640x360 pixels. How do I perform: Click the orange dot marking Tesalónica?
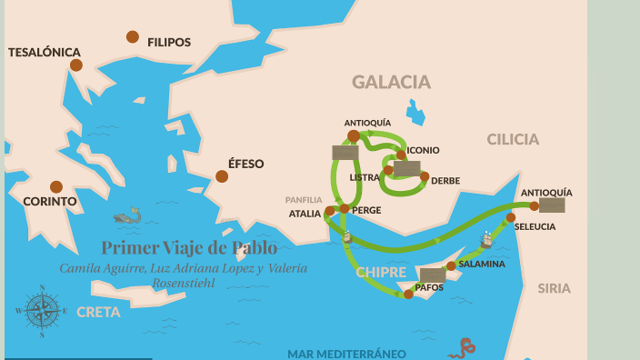click(x=76, y=65)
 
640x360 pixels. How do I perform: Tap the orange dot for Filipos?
click(x=133, y=37)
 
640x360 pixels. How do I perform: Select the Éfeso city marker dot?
click(x=222, y=176)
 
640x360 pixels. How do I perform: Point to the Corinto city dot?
click(x=56, y=186)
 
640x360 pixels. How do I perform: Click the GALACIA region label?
click(x=391, y=83)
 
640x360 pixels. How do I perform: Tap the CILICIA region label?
click(x=513, y=139)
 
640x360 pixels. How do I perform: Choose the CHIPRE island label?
click(x=381, y=272)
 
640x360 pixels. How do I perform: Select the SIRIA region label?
click(x=554, y=288)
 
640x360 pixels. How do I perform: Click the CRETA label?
click(x=98, y=312)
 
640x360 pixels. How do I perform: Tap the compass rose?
click(x=42, y=311)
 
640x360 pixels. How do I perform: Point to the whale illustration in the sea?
click(x=127, y=216)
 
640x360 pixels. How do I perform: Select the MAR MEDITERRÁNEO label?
click(x=346, y=354)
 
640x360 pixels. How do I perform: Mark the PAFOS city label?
click(x=429, y=287)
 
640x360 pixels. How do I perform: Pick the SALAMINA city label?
click(x=481, y=264)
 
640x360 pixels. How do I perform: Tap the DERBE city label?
click(x=445, y=181)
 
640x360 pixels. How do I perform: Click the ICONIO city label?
click(x=423, y=150)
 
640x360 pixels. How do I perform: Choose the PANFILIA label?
click(x=304, y=200)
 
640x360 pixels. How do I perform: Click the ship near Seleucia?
click(x=486, y=239)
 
